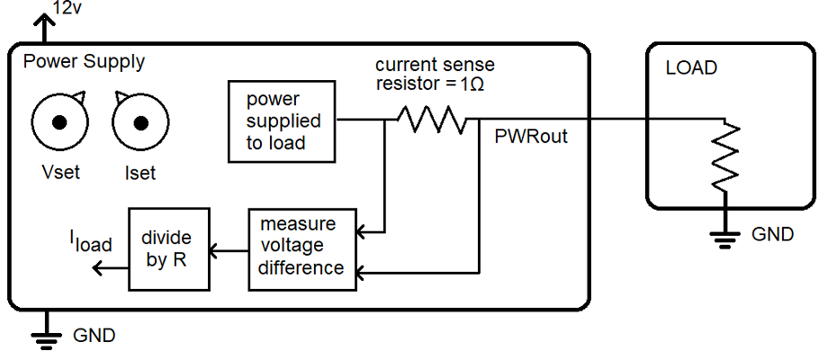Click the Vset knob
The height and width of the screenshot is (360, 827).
click(59, 121)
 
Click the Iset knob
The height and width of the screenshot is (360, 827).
click(140, 121)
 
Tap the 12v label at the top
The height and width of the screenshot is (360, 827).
click(67, 7)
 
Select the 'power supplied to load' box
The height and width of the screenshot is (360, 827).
click(282, 121)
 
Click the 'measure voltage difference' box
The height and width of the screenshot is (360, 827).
click(302, 249)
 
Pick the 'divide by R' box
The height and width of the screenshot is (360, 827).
click(169, 248)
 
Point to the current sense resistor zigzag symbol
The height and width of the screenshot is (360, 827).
click(432, 120)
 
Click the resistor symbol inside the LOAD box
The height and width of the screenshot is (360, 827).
click(725, 157)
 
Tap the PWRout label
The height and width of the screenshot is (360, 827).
click(531, 137)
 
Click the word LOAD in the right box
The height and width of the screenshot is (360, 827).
click(691, 68)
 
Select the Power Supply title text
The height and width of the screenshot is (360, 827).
click(84, 62)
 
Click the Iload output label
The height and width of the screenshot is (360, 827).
click(91, 242)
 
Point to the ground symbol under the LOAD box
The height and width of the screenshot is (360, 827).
click(725, 238)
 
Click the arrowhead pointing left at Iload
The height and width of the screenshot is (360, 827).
click(97, 269)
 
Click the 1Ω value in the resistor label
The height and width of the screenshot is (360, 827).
click(472, 85)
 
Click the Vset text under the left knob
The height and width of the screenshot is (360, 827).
click(60, 172)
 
